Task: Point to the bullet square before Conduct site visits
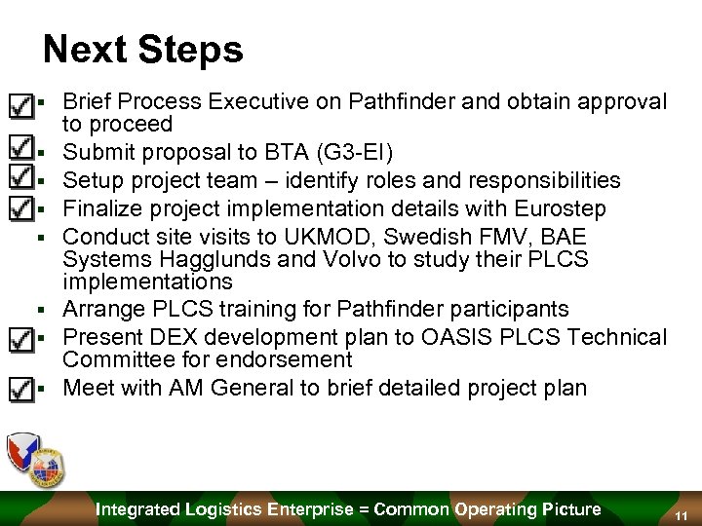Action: coord(42,237)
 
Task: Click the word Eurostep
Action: coord(584,208)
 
